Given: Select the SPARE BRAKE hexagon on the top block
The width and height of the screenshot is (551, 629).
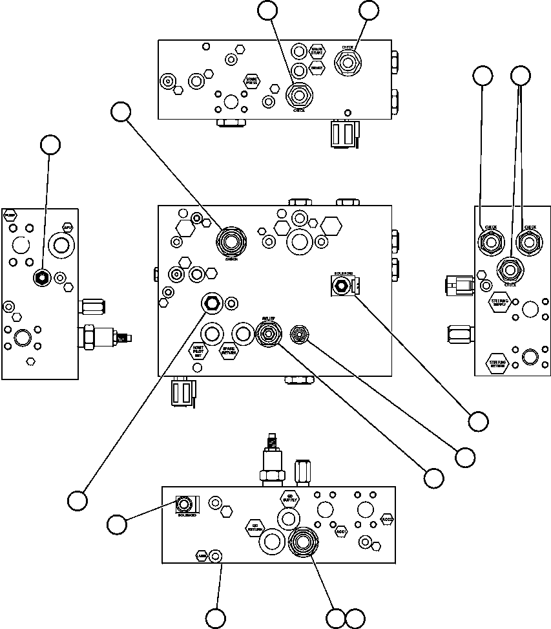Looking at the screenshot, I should [x=317, y=52].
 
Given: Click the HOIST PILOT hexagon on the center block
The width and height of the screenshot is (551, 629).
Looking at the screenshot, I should [x=198, y=352].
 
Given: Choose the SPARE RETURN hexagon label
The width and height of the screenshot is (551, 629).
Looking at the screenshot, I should [x=228, y=352].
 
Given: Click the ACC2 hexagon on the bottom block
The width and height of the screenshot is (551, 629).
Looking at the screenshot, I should [x=388, y=520].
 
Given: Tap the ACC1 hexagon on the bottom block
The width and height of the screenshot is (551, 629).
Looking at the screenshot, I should [x=342, y=532].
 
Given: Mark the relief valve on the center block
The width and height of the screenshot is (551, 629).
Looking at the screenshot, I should [x=267, y=334].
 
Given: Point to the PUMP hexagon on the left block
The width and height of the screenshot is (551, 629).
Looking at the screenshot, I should [x=10, y=215].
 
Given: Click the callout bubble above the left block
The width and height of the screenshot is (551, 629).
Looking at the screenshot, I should [x=50, y=145].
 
